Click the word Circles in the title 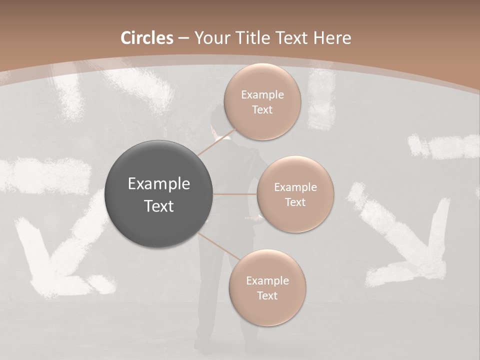pyautogui.click(x=146, y=38)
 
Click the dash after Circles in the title pyautogui.click(x=183, y=38)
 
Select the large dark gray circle pyautogui.click(x=159, y=194)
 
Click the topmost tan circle pyautogui.click(x=262, y=101)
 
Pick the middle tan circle pyautogui.click(x=295, y=194)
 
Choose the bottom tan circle pyautogui.click(x=267, y=287)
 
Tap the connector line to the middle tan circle pyautogui.click(x=235, y=193)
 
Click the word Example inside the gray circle pyautogui.click(x=159, y=183)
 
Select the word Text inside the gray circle pyautogui.click(x=159, y=205)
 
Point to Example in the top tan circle pyautogui.click(x=262, y=94)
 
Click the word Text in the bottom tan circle pyautogui.click(x=267, y=295)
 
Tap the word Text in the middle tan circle pyautogui.click(x=295, y=202)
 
